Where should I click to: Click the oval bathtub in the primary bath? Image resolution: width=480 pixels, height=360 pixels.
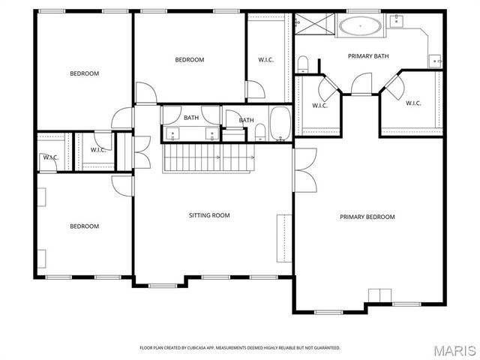coord(361,27)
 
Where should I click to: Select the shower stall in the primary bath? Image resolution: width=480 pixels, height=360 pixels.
coord(307,24)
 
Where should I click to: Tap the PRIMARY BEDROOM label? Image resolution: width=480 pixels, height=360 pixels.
coord(367,217)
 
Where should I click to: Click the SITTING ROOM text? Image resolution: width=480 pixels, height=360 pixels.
coord(208,215)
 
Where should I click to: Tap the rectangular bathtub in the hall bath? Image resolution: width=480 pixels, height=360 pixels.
coord(280,124)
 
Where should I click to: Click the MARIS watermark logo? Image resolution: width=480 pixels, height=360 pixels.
coord(449,349)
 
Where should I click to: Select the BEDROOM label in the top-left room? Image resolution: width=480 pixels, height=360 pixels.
coord(84,73)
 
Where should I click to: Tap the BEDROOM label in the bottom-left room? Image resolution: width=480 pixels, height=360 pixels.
coord(84,226)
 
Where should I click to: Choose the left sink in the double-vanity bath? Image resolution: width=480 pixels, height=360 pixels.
coord(173,133)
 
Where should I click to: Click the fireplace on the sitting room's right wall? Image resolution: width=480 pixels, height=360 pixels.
coord(284,238)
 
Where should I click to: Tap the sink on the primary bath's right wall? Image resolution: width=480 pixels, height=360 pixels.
coord(434,59)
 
